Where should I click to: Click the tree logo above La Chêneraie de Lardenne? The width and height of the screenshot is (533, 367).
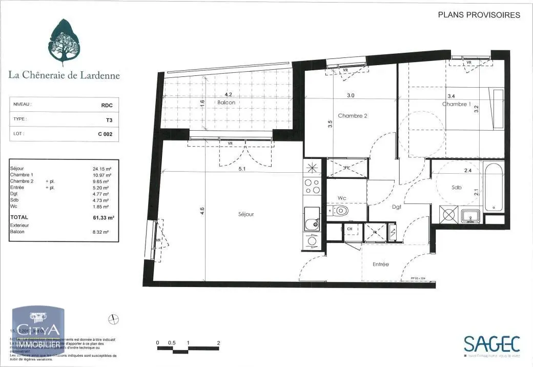click(65, 42)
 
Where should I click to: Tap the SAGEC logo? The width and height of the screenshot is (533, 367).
click(491, 343)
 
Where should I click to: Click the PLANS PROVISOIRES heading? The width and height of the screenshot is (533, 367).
click(479, 15)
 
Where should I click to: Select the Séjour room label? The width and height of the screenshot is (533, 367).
click(245, 214)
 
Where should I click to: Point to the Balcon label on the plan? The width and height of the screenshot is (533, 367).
click(226, 103)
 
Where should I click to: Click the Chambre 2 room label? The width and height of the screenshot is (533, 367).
click(353, 116)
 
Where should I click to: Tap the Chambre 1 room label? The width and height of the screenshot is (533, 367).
click(457, 104)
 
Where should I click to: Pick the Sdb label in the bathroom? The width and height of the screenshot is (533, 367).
click(457, 188)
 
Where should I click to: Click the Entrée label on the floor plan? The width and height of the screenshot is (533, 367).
click(380, 264)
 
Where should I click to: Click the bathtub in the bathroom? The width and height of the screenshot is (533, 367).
click(494, 187)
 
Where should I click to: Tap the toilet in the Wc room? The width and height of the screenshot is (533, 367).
click(341, 211)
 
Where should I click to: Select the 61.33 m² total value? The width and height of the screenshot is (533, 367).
click(104, 217)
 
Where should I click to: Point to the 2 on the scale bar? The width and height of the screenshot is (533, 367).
click(219, 343)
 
